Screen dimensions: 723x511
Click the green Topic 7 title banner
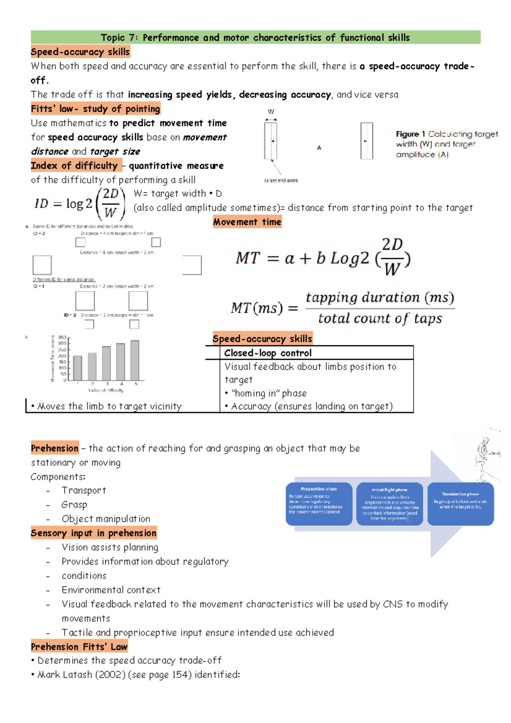(x=255, y=37)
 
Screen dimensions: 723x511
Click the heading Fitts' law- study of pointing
(x=95, y=109)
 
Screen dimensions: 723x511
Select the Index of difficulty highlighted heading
(x=74, y=165)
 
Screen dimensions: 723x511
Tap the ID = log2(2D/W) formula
(x=80, y=204)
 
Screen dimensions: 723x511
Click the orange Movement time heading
(x=247, y=221)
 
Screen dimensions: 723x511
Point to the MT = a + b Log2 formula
(x=323, y=258)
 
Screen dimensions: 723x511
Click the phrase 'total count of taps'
(x=380, y=318)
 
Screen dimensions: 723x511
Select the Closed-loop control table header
(x=268, y=353)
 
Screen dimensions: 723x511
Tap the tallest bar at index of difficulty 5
(x=135, y=360)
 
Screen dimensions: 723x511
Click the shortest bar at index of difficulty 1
(x=78, y=368)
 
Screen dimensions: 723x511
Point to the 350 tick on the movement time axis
(x=62, y=338)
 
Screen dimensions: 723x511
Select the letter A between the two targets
(x=319, y=148)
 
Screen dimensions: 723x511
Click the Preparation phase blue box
(x=319, y=504)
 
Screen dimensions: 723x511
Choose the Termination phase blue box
(x=460, y=504)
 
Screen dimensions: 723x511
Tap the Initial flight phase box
(x=389, y=504)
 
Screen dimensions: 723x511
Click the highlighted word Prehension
(x=55, y=448)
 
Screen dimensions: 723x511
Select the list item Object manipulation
(x=106, y=519)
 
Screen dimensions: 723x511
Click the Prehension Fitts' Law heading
(x=79, y=646)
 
